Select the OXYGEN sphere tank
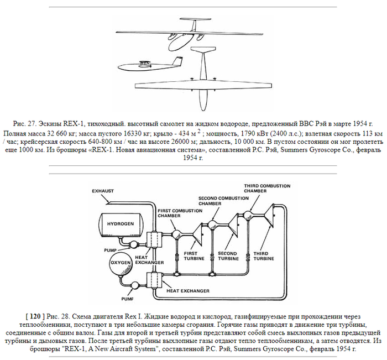(x=121, y=264)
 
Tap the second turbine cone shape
(x=234, y=227)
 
